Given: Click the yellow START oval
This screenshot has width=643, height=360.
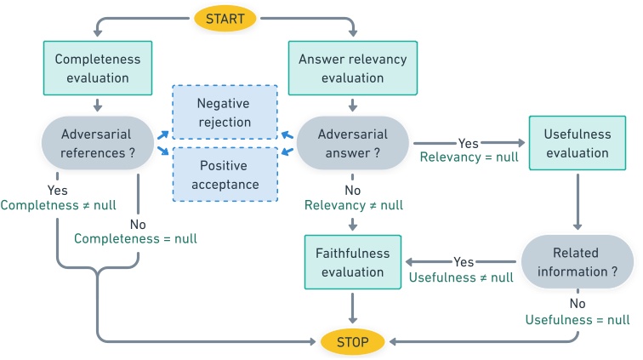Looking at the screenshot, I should coord(225,18).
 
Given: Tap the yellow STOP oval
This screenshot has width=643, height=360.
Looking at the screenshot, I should coord(352,342).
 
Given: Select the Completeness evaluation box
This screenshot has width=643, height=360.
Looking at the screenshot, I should coord(98,69).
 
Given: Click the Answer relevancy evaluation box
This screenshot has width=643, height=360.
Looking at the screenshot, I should coord(352,69).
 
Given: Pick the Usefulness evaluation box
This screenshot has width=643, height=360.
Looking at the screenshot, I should coord(578,144).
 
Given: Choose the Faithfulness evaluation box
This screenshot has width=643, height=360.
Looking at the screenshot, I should coord(352,262).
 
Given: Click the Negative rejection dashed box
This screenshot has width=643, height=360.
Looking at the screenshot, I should coord(225,112).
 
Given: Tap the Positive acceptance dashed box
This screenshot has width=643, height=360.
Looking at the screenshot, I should coord(225,174).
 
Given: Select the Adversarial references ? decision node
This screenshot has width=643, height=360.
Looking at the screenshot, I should coord(98,143).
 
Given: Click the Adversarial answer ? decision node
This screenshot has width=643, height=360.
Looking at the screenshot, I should coord(352,143).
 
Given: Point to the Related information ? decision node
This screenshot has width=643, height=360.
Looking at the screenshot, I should coord(577,262).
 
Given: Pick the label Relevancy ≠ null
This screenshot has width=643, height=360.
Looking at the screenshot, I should coord(353,205).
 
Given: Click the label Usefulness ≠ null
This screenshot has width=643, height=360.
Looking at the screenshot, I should coord(462,277).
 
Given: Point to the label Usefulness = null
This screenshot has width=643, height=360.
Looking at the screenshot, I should coord(578,320).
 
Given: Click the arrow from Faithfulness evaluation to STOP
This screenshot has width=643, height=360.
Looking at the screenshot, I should coord(352,306).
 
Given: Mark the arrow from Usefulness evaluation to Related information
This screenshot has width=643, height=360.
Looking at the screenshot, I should coord(578,201).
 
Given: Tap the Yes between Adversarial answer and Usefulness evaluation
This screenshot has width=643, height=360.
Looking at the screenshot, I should coord(468,142).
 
